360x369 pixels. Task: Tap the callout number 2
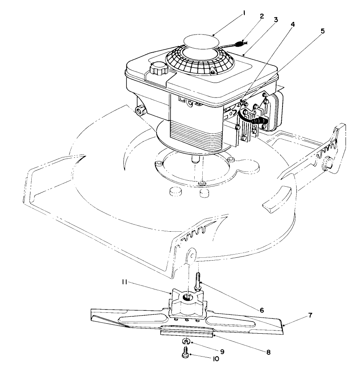click(x=262, y=16)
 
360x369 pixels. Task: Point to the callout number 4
click(x=293, y=24)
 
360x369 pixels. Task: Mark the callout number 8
click(x=268, y=352)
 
